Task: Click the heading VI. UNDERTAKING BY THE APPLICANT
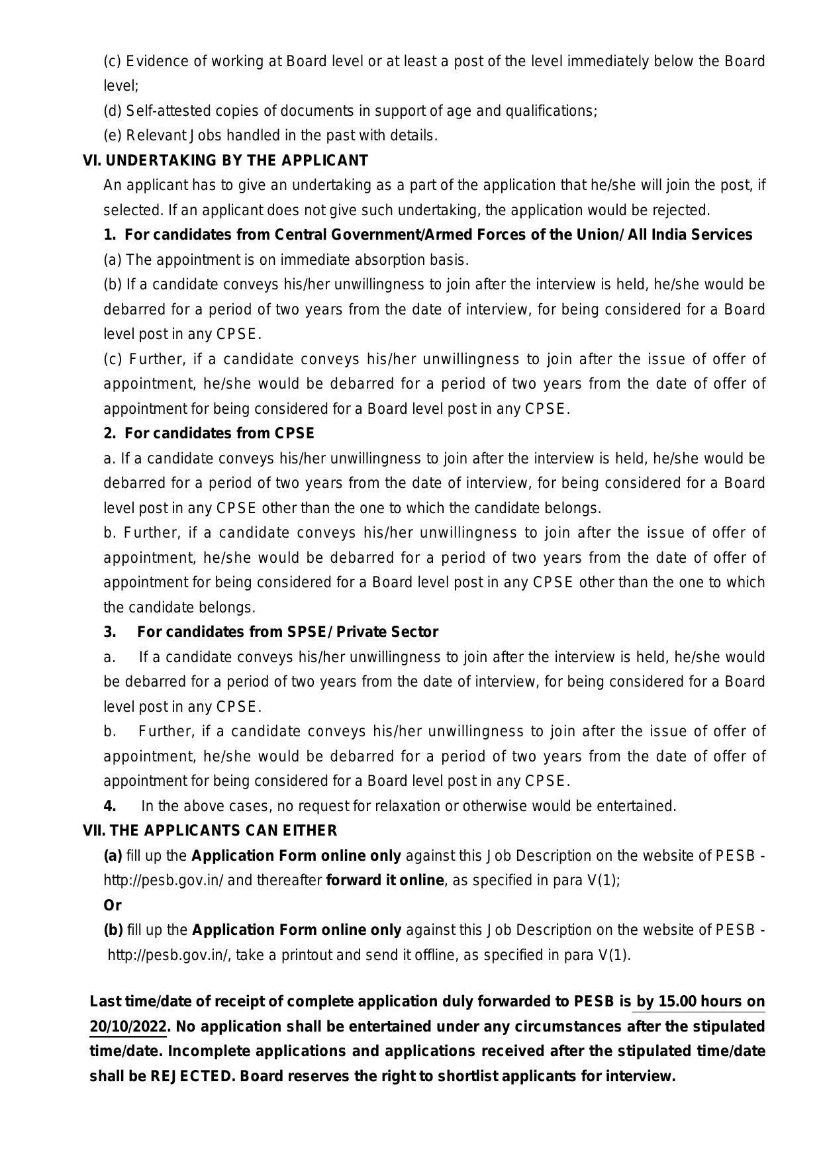tap(225, 161)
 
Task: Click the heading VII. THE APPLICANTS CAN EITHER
tap(210, 831)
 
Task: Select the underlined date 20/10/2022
tap(128, 1027)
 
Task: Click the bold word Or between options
tap(113, 905)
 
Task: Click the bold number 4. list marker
tap(110, 806)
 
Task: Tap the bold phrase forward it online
tap(385, 881)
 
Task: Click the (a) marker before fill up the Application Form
tap(113, 856)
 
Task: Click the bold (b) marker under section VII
tap(113, 930)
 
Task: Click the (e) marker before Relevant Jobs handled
tap(112, 136)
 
